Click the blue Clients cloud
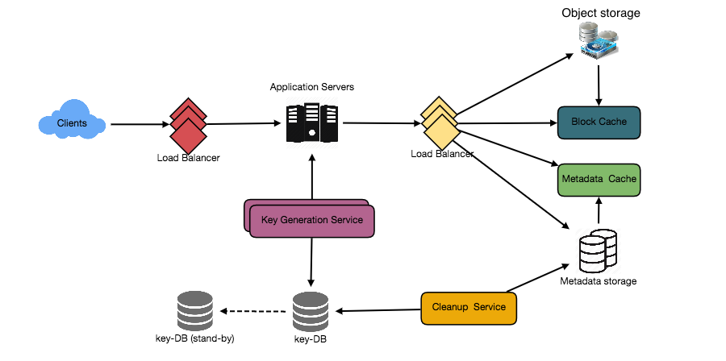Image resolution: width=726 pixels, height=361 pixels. (72, 123)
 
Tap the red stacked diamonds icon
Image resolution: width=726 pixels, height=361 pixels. (188, 125)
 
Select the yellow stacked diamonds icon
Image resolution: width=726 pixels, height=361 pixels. (440, 123)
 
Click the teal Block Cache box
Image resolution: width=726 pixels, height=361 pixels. (599, 122)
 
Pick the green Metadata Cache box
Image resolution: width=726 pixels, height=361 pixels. (599, 180)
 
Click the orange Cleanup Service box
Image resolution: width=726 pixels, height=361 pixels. (469, 308)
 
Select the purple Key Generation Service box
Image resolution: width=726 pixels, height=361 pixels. (311, 221)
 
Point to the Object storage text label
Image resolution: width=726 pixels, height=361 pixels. (603, 12)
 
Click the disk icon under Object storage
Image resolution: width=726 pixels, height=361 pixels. (598, 40)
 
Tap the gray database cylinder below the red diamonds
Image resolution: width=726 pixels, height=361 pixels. (194, 310)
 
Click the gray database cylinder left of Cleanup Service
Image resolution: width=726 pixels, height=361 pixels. (311, 310)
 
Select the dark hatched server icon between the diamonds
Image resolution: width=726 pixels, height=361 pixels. (311, 122)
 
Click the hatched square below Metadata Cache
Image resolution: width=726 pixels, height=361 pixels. (599, 251)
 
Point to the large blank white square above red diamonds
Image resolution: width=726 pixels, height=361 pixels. (142, 58)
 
